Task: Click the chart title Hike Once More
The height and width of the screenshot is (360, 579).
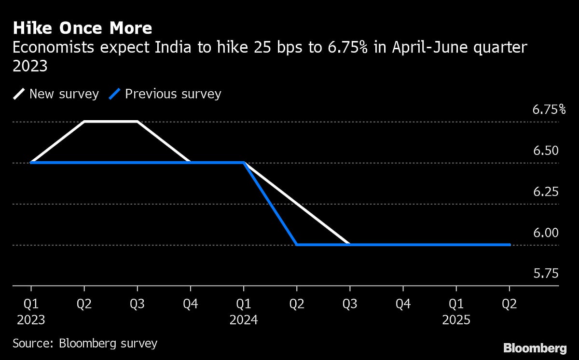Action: pyautogui.click(x=82, y=28)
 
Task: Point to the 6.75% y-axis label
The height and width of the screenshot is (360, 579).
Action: pyautogui.click(x=549, y=110)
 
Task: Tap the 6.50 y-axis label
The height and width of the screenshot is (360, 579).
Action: pyautogui.click(x=546, y=151)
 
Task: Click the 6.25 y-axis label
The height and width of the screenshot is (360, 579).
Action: pyautogui.click(x=546, y=192)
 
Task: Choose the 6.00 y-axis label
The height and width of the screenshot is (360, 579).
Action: pyautogui.click(x=546, y=233)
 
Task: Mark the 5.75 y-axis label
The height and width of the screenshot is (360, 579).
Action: pyautogui.click(x=546, y=274)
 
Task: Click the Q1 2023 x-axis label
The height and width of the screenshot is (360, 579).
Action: pyautogui.click(x=31, y=311)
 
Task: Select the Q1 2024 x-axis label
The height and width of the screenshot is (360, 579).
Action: pyautogui.click(x=244, y=311)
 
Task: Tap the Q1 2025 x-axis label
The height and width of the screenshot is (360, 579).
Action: pyautogui.click(x=456, y=311)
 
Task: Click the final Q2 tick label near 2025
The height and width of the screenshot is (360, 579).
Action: pyautogui.click(x=510, y=304)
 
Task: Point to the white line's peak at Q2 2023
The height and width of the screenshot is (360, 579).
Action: pyautogui.click(x=85, y=122)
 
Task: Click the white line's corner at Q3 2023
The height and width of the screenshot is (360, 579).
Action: pyautogui.click(x=138, y=122)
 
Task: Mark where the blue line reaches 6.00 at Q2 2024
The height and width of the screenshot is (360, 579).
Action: pyautogui.click(x=297, y=245)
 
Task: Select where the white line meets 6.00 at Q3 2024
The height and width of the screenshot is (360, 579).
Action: pyautogui.click(x=350, y=244)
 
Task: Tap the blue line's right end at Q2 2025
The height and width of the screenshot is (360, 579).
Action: pyautogui.click(x=510, y=245)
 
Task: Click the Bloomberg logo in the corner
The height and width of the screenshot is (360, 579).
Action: pyautogui.click(x=535, y=347)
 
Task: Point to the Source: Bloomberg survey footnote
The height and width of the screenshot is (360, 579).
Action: pyautogui.click(x=85, y=344)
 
